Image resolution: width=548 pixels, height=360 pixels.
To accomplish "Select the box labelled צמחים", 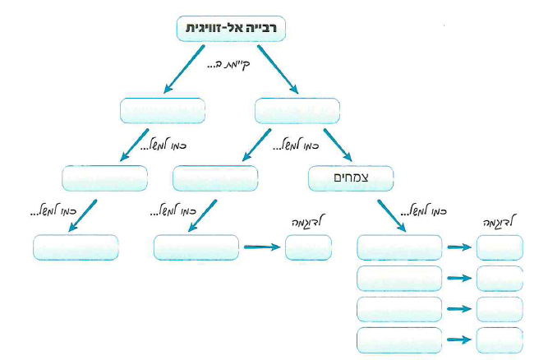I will point(351,177).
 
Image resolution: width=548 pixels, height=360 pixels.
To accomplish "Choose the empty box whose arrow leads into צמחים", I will point(297,110).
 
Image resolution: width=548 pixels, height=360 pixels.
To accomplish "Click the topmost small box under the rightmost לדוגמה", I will point(499,247).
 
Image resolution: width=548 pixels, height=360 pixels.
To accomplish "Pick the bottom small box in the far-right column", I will point(499,339).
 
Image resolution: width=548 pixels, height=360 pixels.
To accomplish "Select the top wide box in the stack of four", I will point(399,247).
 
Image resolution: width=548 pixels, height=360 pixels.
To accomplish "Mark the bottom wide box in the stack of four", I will point(399,339).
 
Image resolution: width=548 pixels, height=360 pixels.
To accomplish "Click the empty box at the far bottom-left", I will point(76,247).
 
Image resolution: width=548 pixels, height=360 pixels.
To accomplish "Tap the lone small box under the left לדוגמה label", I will point(308,247).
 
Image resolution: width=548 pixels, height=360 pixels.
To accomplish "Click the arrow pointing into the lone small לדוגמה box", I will point(261,246).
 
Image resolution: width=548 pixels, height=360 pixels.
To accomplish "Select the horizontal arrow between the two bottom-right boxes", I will point(459,339).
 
